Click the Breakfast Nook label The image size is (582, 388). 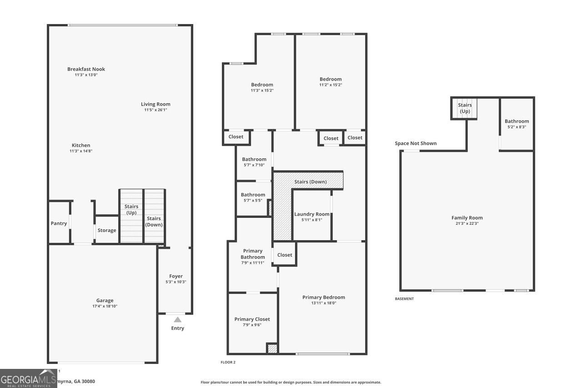86,69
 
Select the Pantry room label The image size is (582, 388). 59,223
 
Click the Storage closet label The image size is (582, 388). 107,230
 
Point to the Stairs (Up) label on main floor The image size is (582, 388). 131,210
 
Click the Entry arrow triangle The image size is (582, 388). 177,320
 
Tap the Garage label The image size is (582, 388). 105,300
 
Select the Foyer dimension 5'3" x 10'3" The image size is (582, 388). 176,282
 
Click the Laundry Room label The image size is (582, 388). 311,214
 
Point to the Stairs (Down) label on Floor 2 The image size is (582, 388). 311,182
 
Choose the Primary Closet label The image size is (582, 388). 252,319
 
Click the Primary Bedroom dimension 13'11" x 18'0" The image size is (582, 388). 323,303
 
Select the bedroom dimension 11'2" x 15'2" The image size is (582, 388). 330,85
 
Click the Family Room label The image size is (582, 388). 467,218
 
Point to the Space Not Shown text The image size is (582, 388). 416,143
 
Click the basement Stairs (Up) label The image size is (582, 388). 465,108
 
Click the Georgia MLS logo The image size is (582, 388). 28,378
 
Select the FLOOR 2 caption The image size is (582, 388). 228,362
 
